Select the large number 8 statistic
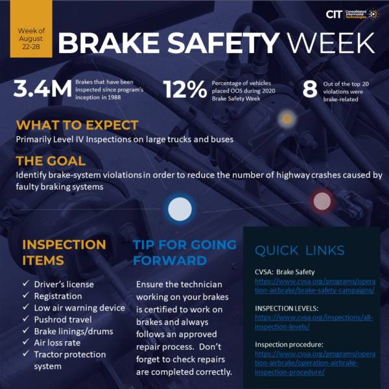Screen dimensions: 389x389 tap(310, 89)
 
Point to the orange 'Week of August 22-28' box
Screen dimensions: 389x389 tap(31, 29)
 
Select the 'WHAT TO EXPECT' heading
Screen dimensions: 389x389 tap(77, 125)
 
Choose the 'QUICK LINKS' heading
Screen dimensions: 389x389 tap(299, 250)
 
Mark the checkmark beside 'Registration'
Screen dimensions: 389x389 tap(25, 296)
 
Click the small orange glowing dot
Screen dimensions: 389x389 tap(286, 119)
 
